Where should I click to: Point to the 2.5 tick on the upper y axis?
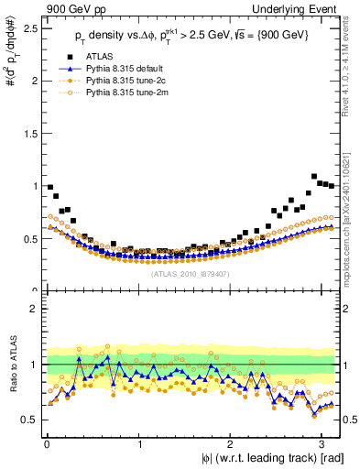click(x=29, y=27)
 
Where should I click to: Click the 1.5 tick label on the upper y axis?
click(x=29, y=133)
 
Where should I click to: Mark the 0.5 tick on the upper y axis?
click(x=29, y=238)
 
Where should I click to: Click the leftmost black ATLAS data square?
click(x=50, y=187)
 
